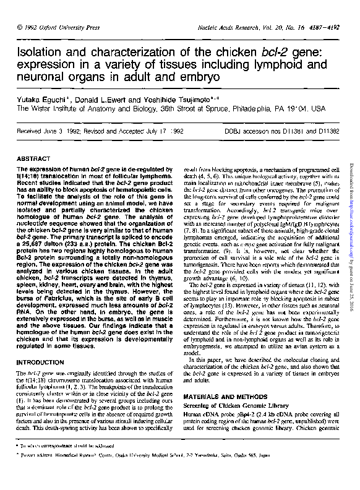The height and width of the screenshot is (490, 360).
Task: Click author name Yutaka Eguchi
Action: pyautogui.click(x=38, y=98)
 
